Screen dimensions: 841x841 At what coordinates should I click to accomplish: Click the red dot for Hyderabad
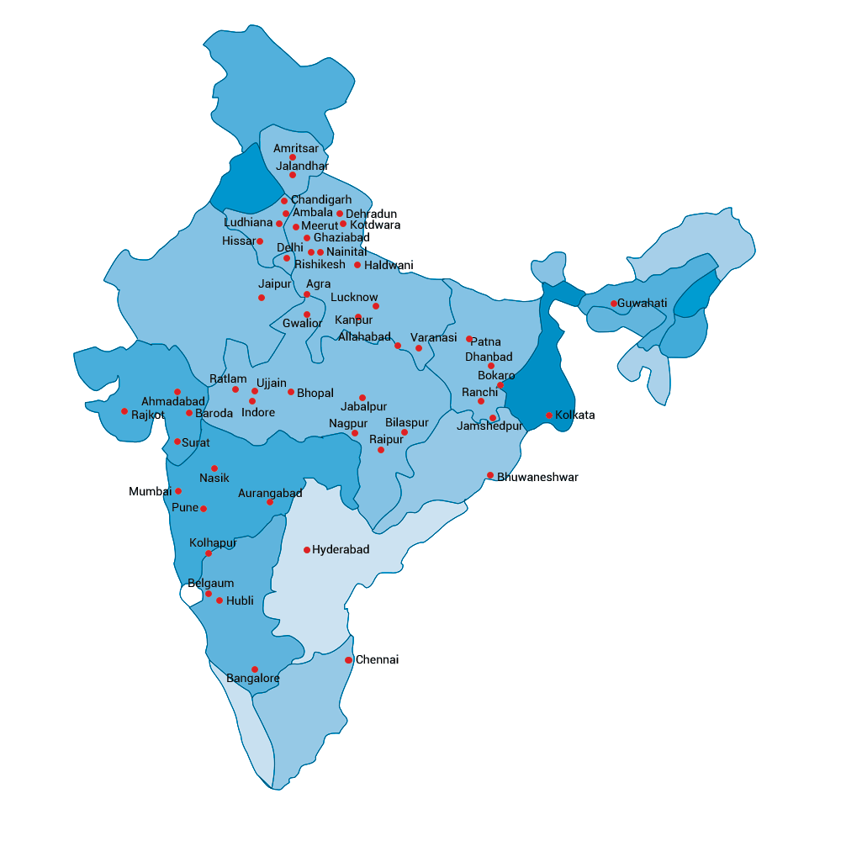(x=307, y=550)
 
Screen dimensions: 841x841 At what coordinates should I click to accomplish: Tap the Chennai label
(x=377, y=660)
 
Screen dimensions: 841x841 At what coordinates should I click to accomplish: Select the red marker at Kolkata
(x=549, y=415)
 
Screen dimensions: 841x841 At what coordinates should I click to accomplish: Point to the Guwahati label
(x=643, y=303)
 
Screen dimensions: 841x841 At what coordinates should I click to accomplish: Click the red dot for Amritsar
(x=293, y=157)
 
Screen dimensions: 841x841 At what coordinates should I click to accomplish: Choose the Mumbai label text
(x=150, y=491)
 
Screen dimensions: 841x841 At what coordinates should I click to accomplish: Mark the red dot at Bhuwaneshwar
(x=490, y=475)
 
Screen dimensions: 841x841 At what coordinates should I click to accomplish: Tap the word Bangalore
(x=253, y=679)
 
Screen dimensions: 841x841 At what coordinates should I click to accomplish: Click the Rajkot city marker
(x=124, y=411)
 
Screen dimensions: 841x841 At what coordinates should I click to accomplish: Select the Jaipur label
(x=274, y=284)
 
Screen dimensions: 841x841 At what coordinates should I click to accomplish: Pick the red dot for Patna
(x=469, y=339)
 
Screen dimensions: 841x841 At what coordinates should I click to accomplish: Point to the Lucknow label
(x=354, y=298)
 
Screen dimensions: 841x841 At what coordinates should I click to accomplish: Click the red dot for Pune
(x=204, y=509)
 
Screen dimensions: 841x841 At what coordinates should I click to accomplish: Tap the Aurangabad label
(x=270, y=494)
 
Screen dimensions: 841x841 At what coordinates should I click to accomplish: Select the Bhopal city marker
(x=291, y=392)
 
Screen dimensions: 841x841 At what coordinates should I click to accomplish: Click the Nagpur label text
(x=348, y=423)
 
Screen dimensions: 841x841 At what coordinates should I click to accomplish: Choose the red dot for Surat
(x=177, y=442)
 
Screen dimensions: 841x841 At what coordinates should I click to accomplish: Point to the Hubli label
(x=240, y=600)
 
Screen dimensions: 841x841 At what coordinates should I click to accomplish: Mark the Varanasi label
(x=434, y=338)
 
